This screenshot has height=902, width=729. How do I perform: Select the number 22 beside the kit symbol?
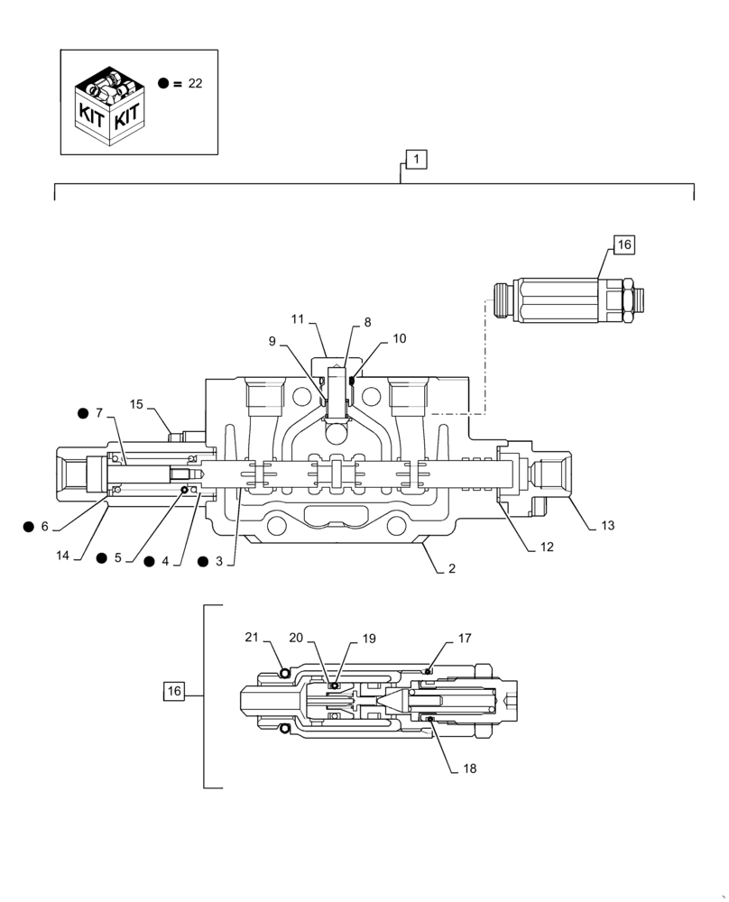tap(196, 83)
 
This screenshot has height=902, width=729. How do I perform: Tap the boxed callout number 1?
tap(416, 161)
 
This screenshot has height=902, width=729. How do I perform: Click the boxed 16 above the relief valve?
tap(624, 244)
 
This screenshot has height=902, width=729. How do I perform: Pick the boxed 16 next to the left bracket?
tap(174, 691)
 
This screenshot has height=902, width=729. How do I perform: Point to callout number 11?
tap(299, 318)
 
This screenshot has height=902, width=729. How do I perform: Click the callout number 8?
tap(367, 321)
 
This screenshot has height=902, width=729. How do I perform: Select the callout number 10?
tap(399, 338)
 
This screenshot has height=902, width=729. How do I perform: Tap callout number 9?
tap(273, 341)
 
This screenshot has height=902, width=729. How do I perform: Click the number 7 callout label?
tap(99, 413)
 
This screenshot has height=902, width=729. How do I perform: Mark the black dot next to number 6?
tap(30, 527)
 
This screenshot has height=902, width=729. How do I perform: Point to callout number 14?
tap(62, 556)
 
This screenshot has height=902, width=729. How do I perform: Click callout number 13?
tap(606, 525)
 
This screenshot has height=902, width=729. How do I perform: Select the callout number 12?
tap(547, 547)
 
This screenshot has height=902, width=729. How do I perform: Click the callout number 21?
tap(252, 638)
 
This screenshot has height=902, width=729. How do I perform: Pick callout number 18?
tap(469, 769)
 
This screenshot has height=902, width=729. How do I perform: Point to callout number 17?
tap(465, 638)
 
